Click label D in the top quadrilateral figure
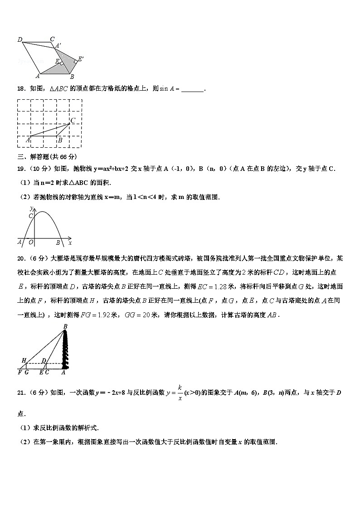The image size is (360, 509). point(20,40)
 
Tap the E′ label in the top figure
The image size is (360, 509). point(81,59)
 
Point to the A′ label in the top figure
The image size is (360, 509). point(58,45)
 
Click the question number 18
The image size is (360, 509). point(20,89)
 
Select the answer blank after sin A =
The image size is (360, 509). point(192,89)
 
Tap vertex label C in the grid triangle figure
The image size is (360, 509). point(73,120)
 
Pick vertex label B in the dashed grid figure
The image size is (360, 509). point(60,141)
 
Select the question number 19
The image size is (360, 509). point(20,169)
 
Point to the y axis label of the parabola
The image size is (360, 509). point(31,208)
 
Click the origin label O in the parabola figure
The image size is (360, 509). point(31,242)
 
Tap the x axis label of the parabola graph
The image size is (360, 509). point(70,242)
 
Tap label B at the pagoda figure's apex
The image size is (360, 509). point(65,326)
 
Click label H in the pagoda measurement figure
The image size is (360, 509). point(24,360)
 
